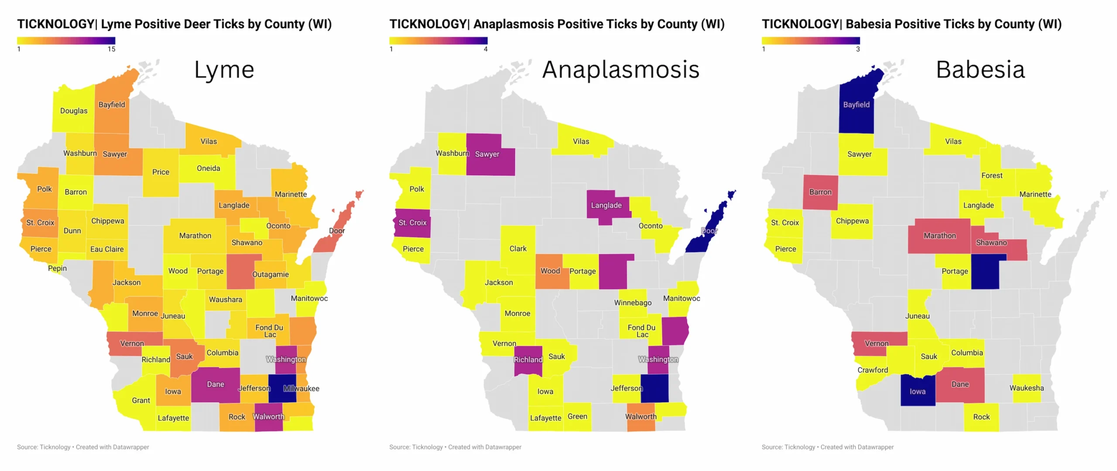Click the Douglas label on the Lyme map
coord(74,111)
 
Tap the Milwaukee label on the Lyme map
coord(301,388)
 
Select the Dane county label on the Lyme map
coord(216,384)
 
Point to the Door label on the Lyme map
coord(337,230)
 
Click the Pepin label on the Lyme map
coord(57,268)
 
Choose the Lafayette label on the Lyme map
coord(173,418)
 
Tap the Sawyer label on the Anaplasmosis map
coord(487,154)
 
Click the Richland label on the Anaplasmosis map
coord(528,360)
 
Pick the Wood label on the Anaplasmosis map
coord(550,271)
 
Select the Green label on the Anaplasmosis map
coord(577,416)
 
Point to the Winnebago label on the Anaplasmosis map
coord(633,303)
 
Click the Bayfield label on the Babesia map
coord(856,105)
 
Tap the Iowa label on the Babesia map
coord(917,392)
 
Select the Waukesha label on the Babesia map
coord(1027,388)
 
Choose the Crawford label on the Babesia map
coord(873,370)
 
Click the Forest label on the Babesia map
coord(992,175)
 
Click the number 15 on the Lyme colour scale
coord(112,49)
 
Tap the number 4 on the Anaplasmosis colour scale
coord(486,49)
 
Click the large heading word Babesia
coord(980,70)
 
